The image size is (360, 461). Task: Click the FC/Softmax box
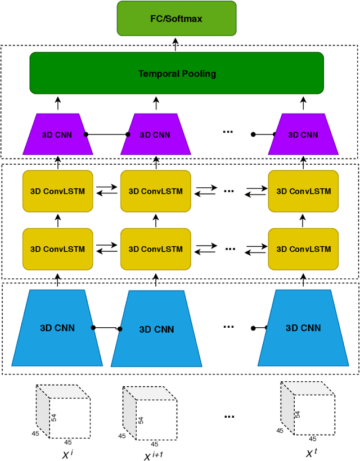click(x=177, y=19)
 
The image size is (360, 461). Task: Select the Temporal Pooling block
click(x=177, y=73)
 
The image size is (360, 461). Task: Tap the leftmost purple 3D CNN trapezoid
click(x=57, y=134)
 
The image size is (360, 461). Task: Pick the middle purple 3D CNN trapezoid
click(x=156, y=134)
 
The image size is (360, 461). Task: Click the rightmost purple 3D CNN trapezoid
click(x=303, y=134)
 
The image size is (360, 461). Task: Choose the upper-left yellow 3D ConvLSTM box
click(x=57, y=191)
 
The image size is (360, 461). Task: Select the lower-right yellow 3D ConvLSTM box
click(x=303, y=248)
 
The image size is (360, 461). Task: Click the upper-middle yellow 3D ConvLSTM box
click(x=156, y=191)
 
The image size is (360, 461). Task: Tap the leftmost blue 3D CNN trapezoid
click(x=57, y=328)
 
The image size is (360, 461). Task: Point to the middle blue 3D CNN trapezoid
click(x=156, y=329)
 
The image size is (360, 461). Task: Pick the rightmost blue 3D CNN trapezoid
click(x=303, y=328)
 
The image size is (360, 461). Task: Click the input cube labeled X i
click(x=62, y=411)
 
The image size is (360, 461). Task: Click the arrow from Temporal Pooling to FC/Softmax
click(x=176, y=44)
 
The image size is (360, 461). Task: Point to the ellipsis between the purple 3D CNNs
click(x=228, y=131)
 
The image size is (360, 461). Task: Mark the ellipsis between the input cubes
click(x=229, y=417)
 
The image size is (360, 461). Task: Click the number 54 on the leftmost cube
click(x=55, y=417)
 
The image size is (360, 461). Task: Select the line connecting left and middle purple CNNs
click(x=107, y=134)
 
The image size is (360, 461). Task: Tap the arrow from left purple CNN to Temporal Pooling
click(x=57, y=103)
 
